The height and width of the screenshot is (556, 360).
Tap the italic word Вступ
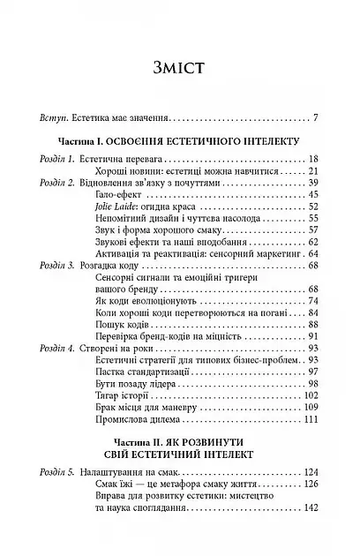click(x=30, y=116)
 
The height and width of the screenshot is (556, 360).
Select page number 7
click(x=326, y=116)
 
